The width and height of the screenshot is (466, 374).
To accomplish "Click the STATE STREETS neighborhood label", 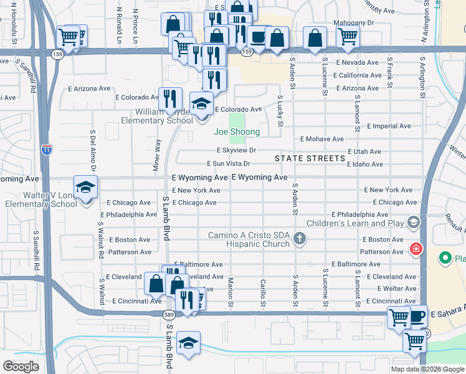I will [x=309, y=158].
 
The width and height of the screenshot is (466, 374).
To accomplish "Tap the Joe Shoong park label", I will [x=237, y=132].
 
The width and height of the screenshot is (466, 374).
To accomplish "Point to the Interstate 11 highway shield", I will [x=47, y=150].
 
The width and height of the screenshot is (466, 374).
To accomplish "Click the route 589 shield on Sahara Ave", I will [x=168, y=314].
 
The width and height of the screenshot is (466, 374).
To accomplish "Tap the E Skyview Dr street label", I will [x=236, y=150].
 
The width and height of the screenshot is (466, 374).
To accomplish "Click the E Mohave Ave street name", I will [x=321, y=139].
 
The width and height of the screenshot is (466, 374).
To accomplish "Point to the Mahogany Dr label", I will [x=354, y=22].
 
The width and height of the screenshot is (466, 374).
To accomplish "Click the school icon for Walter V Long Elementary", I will [x=85, y=186].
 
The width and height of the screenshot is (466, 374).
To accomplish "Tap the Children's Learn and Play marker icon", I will [x=412, y=222].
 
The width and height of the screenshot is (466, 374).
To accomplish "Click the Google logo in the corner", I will [x=21, y=367].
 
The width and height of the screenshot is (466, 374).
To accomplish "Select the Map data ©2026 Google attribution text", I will [x=427, y=369].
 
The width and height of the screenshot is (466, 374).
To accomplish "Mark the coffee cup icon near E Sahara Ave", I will [x=417, y=315].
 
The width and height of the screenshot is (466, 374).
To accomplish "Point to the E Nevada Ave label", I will [x=357, y=62].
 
